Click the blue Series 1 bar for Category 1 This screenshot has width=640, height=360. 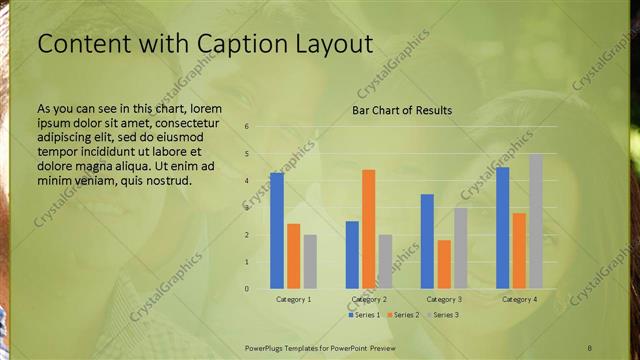click(x=277, y=231)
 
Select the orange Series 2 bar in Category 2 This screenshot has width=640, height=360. click(x=368, y=229)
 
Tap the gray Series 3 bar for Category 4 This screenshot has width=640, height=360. click(x=536, y=221)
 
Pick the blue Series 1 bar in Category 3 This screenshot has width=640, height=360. click(x=427, y=241)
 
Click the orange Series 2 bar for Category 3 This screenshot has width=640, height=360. click(x=444, y=264)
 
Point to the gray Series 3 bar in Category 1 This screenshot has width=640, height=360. click(x=310, y=261)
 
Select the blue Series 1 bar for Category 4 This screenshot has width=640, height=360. click(x=503, y=228)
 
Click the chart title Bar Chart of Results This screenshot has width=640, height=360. click(x=402, y=110)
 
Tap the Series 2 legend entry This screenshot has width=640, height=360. click(x=403, y=315)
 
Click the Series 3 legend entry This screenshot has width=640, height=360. click(x=441, y=315)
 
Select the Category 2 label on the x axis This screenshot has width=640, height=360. click(x=369, y=299)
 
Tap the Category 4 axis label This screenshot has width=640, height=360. click(x=519, y=299)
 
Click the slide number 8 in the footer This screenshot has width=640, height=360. click(x=590, y=347)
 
